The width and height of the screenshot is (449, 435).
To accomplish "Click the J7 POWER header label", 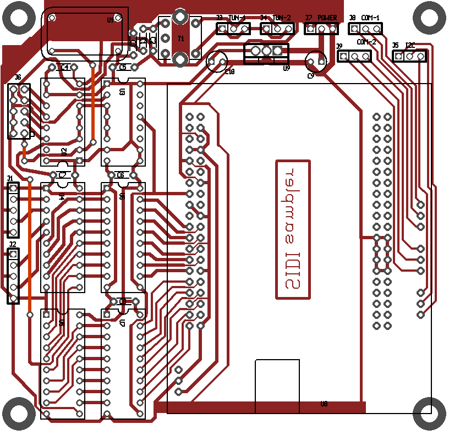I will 327,18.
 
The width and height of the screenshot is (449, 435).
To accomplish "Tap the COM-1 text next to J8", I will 370,18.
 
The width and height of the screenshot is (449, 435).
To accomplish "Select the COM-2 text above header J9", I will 366,42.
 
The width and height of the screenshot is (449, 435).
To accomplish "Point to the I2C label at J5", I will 410,45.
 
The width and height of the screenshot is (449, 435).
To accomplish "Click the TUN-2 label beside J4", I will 282,18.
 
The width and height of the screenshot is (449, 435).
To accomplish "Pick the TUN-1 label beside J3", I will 237,18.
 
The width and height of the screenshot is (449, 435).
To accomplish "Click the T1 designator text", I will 180,38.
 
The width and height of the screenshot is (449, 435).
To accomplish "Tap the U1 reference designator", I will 111,20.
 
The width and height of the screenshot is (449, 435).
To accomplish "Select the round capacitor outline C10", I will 217,61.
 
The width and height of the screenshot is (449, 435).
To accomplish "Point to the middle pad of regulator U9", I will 266,51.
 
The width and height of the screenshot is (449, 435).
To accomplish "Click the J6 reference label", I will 18,78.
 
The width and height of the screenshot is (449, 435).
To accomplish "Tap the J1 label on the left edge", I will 9,179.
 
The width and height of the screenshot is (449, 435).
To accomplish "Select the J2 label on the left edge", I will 12,244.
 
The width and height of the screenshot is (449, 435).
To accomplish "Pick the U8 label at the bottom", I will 324,404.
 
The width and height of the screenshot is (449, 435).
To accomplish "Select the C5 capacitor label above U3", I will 122,68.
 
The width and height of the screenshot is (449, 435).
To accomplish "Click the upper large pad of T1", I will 179,17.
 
